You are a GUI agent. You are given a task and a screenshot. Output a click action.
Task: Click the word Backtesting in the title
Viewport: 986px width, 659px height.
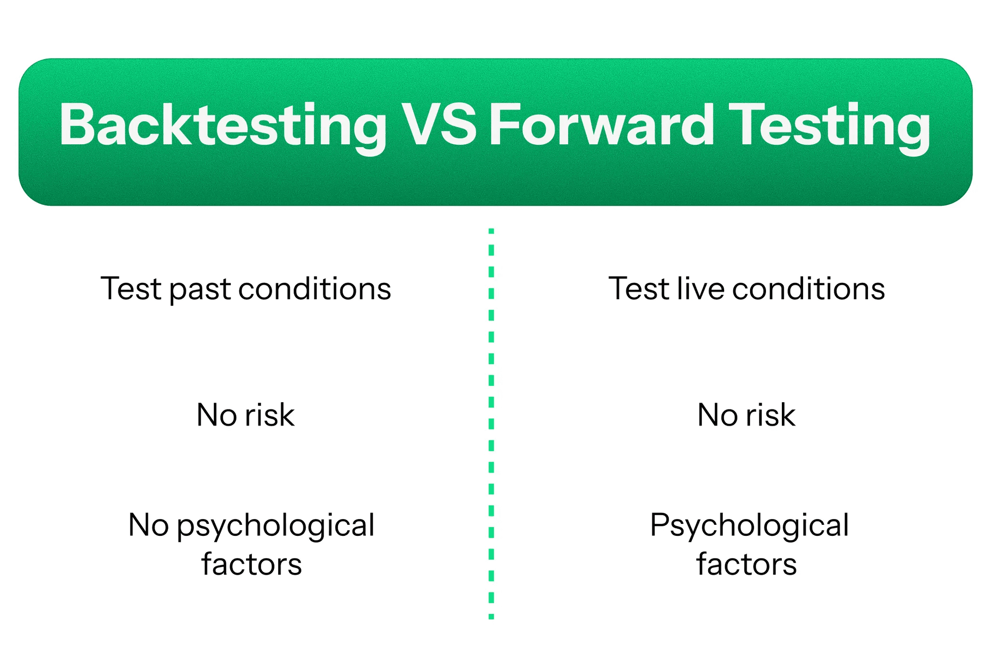tap(223, 127)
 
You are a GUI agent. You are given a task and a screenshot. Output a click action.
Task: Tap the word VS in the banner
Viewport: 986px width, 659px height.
tap(438, 124)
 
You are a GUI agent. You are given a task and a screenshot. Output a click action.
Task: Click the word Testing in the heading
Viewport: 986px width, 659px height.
tap(829, 127)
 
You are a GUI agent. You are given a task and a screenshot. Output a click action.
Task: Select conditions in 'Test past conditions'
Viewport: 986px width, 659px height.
tap(314, 289)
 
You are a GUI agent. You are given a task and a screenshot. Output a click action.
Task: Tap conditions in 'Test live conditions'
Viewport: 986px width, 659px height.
tap(808, 289)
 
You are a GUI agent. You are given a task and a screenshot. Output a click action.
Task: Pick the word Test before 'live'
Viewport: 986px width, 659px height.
tap(639, 289)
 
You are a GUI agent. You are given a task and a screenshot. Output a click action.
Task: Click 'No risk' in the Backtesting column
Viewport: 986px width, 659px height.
tap(246, 415)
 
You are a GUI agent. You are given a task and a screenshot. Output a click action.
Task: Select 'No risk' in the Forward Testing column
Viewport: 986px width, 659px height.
tap(746, 415)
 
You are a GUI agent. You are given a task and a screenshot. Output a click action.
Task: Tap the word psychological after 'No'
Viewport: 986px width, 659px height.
tap(276, 527)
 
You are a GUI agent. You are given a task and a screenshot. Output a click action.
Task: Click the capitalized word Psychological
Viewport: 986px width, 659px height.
tap(750, 527)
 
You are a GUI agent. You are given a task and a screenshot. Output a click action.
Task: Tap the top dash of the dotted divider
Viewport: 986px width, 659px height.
tap(491, 231)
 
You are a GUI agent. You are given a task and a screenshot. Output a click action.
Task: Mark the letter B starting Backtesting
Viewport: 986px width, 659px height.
tap(77, 124)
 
